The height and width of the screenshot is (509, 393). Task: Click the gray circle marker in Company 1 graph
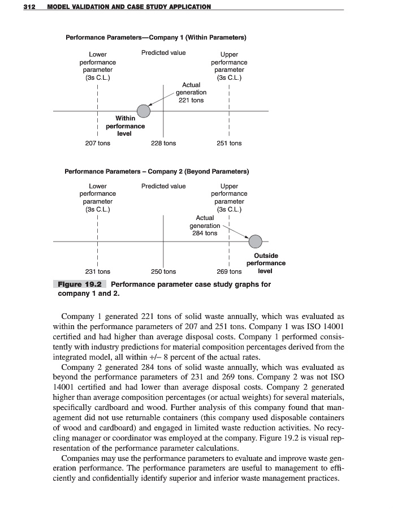[144, 110]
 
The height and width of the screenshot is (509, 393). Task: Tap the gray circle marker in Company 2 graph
[256, 241]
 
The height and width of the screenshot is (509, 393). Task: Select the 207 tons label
[98, 144]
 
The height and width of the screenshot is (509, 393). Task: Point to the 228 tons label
[163, 144]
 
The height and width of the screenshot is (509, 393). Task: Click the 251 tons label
[229, 144]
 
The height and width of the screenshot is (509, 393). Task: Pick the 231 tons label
[98, 271]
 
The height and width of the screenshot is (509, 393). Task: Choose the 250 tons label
[163, 271]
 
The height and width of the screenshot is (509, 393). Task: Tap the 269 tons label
[229, 271]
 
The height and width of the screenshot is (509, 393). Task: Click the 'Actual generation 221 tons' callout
[191, 92]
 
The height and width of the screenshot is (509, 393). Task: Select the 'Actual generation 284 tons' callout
[205, 225]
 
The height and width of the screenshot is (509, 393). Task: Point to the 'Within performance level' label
[125, 126]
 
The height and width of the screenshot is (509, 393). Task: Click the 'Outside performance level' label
[265, 263]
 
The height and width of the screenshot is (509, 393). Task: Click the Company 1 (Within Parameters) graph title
[156, 38]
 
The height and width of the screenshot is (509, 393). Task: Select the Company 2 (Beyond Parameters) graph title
[157, 171]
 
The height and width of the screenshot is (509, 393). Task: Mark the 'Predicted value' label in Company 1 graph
[163, 53]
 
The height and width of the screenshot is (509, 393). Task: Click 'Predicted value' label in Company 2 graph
[163, 186]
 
